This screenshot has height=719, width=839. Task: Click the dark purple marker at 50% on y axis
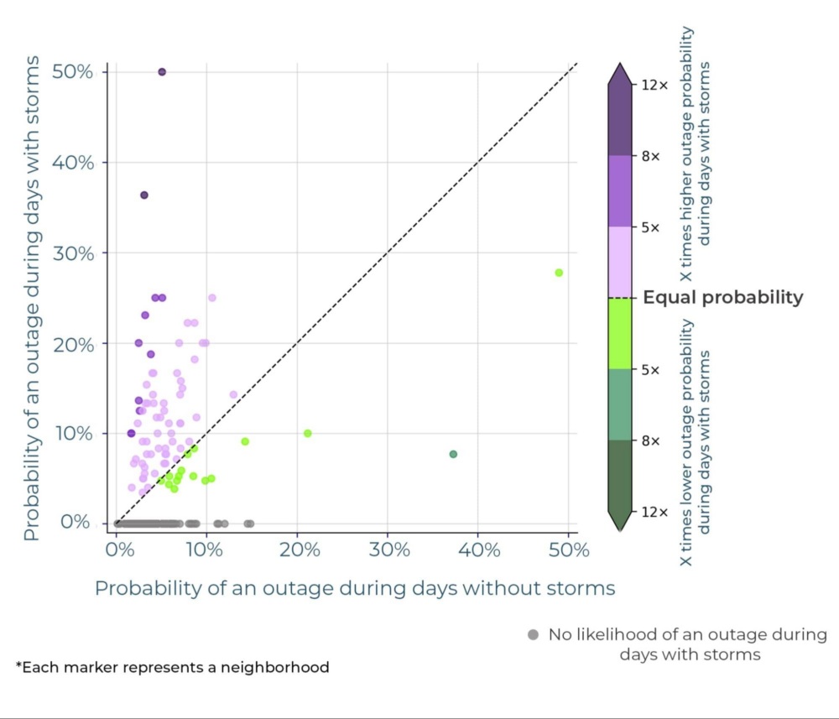(x=162, y=72)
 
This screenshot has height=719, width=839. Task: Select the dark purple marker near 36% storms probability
(x=144, y=195)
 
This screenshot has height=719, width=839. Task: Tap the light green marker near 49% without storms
(x=559, y=273)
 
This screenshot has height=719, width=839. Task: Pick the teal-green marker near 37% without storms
(x=453, y=454)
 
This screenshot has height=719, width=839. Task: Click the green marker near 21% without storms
(x=308, y=434)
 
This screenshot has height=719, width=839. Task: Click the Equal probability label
(x=722, y=297)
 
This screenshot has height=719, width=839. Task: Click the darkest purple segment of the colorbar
(x=619, y=117)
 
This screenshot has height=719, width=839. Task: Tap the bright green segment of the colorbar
(x=619, y=333)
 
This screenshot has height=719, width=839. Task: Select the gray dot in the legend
(x=533, y=635)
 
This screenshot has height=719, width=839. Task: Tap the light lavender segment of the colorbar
(x=619, y=262)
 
